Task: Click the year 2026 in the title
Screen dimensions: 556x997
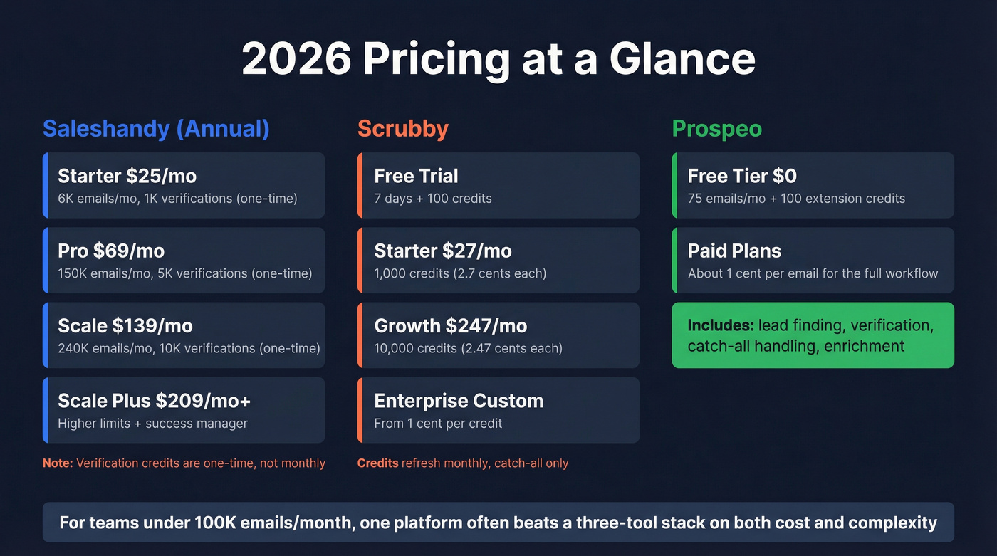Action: click(296, 59)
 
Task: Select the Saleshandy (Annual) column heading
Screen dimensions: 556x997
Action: click(156, 129)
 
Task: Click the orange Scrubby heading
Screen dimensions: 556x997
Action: click(402, 129)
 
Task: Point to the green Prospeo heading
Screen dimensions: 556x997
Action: click(716, 129)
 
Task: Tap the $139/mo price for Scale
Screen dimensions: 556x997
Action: click(152, 326)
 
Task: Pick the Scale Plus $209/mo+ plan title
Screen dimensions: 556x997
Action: click(154, 401)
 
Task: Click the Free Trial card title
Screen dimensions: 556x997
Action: click(416, 176)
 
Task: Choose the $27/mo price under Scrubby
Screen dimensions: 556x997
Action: click(476, 251)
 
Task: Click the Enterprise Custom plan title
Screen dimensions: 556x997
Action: click(459, 401)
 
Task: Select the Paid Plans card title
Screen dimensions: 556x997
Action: click(734, 251)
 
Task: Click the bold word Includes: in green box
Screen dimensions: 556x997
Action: click(720, 326)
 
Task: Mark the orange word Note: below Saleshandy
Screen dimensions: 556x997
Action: click(58, 463)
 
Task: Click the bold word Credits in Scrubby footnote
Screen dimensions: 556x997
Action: click(377, 463)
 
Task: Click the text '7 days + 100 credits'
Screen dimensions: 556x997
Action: click(433, 198)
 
